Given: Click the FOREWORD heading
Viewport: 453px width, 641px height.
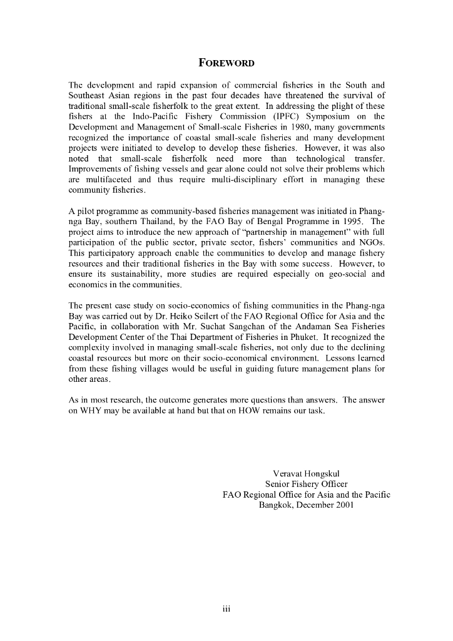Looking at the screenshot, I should pyautogui.click(x=227, y=63).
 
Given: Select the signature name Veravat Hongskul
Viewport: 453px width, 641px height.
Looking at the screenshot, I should pyautogui.click(x=306, y=473).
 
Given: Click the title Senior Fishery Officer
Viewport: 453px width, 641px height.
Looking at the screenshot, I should pyautogui.click(x=306, y=484).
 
